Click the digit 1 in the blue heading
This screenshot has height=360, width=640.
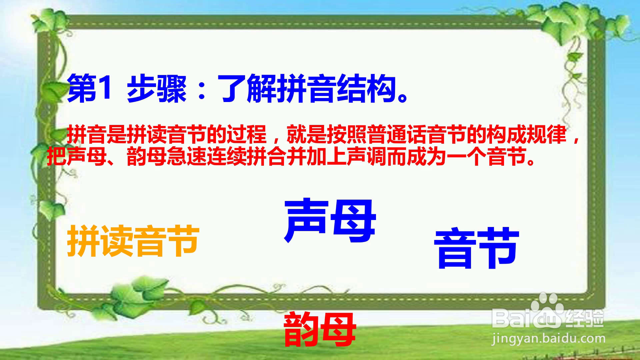[105, 88]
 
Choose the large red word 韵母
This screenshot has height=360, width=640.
[320, 329]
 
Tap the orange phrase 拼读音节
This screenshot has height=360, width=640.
[133, 240]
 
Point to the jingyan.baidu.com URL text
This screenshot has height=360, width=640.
[548, 339]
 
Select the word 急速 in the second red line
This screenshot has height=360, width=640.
[187, 156]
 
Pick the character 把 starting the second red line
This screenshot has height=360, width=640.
[57, 156]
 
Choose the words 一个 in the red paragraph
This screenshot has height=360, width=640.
[467, 156]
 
